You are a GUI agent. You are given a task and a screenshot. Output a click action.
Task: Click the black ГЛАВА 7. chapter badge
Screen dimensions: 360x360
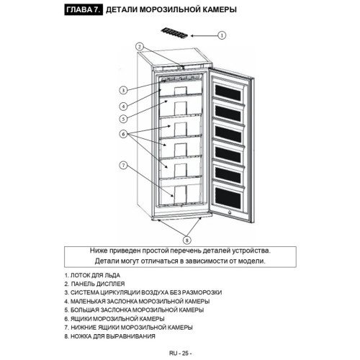pyautogui.click(x=84, y=9)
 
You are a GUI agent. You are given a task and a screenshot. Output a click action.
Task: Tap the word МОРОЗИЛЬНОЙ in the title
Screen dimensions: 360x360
pyautogui.click(x=170, y=9)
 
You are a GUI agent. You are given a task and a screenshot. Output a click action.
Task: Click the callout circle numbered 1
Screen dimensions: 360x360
pyautogui.click(x=222, y=35)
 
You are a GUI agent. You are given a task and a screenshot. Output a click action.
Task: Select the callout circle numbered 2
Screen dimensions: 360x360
pyautogui.click(x=140, y=47)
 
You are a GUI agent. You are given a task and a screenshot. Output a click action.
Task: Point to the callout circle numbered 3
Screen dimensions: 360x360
pyautogui.click(x=123, y=90)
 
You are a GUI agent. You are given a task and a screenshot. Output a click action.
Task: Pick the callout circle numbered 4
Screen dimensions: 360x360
pyautogui.click(x=123, y=106)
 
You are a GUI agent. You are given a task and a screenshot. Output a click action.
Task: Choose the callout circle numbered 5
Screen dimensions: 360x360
pyautogui.click(x=123, y=119)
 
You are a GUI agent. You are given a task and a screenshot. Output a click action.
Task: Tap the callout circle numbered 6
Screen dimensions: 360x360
pyautogui.click(x=123, y=134)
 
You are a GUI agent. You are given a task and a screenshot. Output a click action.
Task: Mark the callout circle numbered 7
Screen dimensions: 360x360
pyautogui.click(x=123, y=165)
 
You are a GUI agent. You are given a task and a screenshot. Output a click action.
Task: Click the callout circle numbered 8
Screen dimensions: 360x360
pyautogui.click(x=187, y=240)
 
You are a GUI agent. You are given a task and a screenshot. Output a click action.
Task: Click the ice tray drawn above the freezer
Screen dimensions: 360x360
pyautogui.click(x=174, y=34)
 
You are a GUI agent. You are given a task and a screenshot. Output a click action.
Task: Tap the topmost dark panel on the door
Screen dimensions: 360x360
pyautogui.click(x=228, y=93)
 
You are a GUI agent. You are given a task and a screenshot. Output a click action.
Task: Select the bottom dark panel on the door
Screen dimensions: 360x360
pyautogui.click(x=228, y=199)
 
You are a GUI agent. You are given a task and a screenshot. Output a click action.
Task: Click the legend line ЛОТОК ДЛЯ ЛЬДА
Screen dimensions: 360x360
pyautogui.click(x=92, y=275)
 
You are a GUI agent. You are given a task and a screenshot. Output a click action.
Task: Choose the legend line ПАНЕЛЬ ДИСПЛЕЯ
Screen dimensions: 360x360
pyautogui.click(x=94, y=284)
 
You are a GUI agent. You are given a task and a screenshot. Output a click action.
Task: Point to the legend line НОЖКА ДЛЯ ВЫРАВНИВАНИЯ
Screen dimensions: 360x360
pyautogui.click(x=109, y=336)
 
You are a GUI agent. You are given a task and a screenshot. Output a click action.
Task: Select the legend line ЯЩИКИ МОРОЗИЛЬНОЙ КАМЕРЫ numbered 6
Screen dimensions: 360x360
pyautogui.click(x=114, y=319)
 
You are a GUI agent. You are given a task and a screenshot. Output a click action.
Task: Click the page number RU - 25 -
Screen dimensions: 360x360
pyautogui.click(x=180, y=354)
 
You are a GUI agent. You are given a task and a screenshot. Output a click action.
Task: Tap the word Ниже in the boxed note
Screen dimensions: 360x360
pyautogui.click(x=99, y=251)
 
